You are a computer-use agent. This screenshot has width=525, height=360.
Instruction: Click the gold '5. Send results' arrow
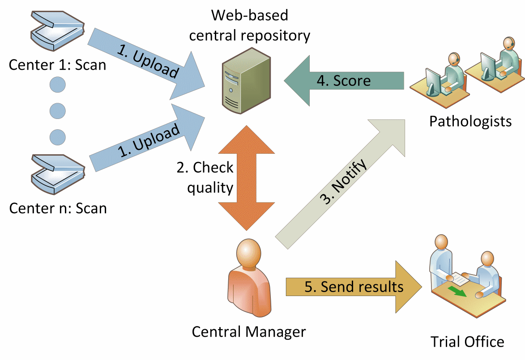[354, 287]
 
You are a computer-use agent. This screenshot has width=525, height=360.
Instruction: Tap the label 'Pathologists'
[470, 121]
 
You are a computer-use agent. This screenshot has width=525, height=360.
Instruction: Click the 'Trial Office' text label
[467, 342]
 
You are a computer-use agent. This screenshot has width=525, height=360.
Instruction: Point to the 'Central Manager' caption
[248, 332]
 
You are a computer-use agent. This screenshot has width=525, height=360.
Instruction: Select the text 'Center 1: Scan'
[58, 65]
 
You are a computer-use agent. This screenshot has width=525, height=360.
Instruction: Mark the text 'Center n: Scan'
[58, 208]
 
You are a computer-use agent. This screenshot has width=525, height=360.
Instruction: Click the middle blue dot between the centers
[57, 109]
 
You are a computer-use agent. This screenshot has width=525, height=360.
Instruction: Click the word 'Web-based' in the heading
[250, 15]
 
